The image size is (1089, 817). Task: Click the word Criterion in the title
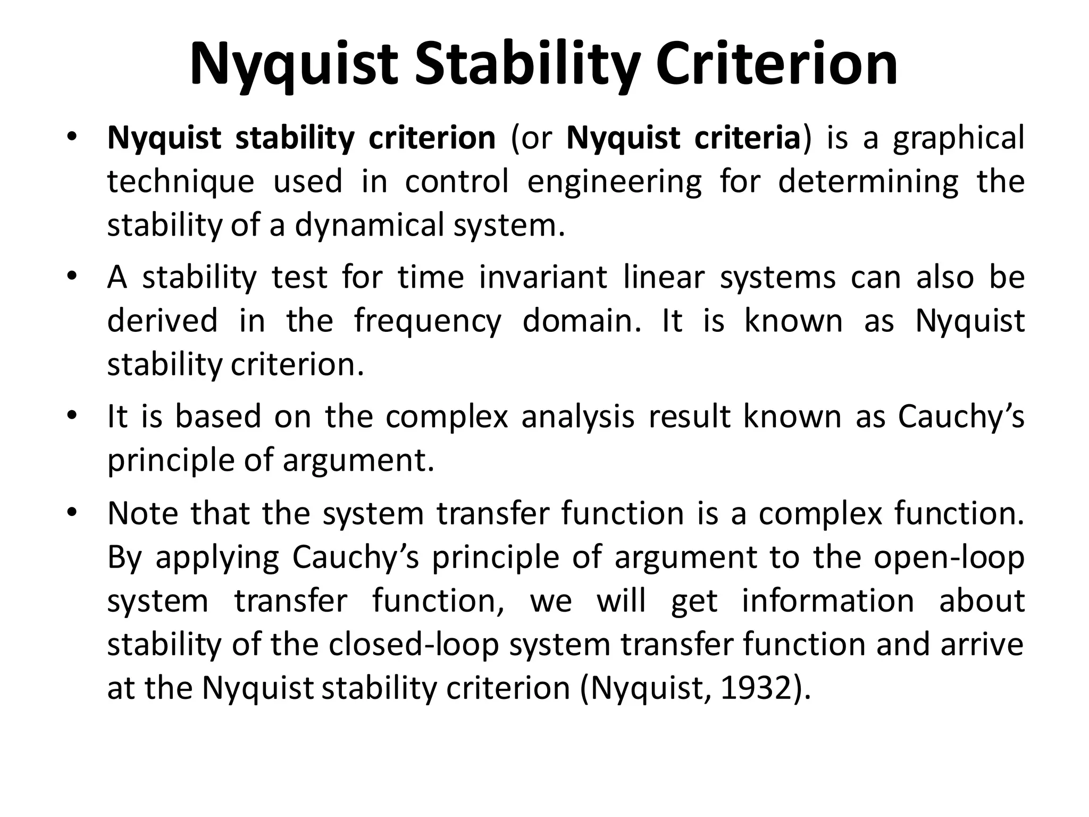[x=777, y=65]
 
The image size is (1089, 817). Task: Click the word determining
[x=868, y=182]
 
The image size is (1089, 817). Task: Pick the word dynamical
[x=369, y=226]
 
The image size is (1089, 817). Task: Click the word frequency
[x=428, y=322]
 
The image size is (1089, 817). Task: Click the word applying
[x=217, y=558]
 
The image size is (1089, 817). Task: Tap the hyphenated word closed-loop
[x=414, y=645]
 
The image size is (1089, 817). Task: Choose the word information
[x=828, y=601]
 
